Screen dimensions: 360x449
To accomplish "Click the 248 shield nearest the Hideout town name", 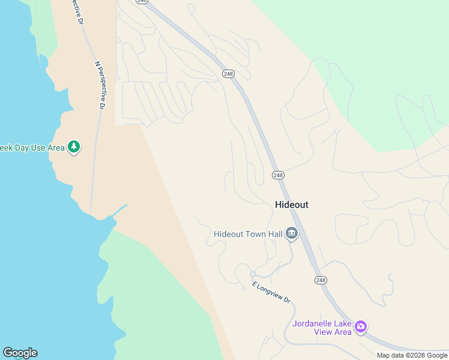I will click(x=278, y=175).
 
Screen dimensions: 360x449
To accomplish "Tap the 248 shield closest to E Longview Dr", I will click(x=321, y=280).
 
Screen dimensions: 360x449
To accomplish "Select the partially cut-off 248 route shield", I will click(x=142, y=2).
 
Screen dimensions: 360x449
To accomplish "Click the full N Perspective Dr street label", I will click(x=100, y=85).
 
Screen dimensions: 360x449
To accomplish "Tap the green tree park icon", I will click(x=74, y=147).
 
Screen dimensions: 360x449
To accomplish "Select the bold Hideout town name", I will click(x=291, y=205).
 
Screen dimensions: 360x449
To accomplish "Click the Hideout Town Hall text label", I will click(x=248, y=234).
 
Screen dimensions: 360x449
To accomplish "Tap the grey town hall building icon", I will click(x=292, y=233).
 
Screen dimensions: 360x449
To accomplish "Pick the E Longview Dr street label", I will click(x=271, y=292).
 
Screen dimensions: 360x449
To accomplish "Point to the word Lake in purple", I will click(x=343, y=323).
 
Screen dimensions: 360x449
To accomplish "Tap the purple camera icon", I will click(x=361, y=327).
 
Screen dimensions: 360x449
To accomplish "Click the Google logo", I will click(x=20, y=353).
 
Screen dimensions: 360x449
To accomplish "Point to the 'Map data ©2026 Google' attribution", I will click(x=412, y=355).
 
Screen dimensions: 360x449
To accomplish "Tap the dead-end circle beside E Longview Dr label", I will click(x=243, y=289).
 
